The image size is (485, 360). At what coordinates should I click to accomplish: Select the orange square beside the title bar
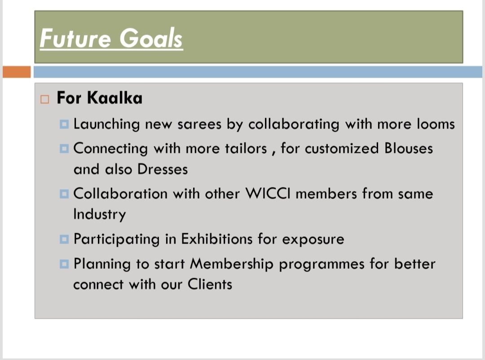(17, 72)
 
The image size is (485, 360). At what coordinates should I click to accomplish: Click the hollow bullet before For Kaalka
(44, 99)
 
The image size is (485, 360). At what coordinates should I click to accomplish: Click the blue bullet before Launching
(64, 124)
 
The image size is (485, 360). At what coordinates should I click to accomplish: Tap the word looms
(435, 124)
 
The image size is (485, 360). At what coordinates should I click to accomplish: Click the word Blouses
(409, 148)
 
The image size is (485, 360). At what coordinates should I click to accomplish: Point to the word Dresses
(163, 169)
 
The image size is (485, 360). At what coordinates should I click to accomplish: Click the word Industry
(99, 214)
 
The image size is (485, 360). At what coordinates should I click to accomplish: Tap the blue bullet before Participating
(64, 240)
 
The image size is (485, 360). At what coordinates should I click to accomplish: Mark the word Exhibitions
(217, 239)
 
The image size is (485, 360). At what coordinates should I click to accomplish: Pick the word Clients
(210, 284)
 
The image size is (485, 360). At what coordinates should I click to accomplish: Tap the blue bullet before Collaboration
(64, 194)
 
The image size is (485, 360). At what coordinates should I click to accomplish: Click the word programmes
(322, 264)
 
